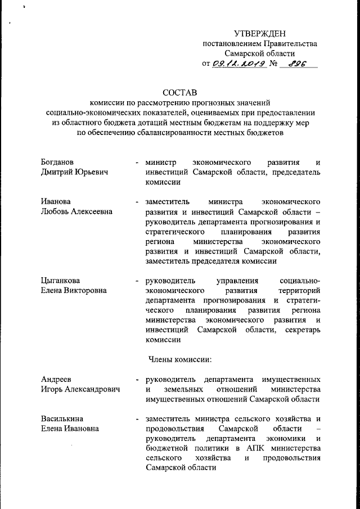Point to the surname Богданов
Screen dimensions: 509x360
(58, 161)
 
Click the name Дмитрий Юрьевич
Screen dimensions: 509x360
(75, 172)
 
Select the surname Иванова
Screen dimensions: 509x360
(56, 201)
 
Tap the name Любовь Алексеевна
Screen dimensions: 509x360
(76, 211)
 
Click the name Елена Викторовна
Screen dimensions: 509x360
(74, 290)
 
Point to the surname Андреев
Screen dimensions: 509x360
(56, 379)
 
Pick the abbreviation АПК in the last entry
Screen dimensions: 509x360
(254, 449)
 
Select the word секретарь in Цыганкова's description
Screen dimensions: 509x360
(301, 330)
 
